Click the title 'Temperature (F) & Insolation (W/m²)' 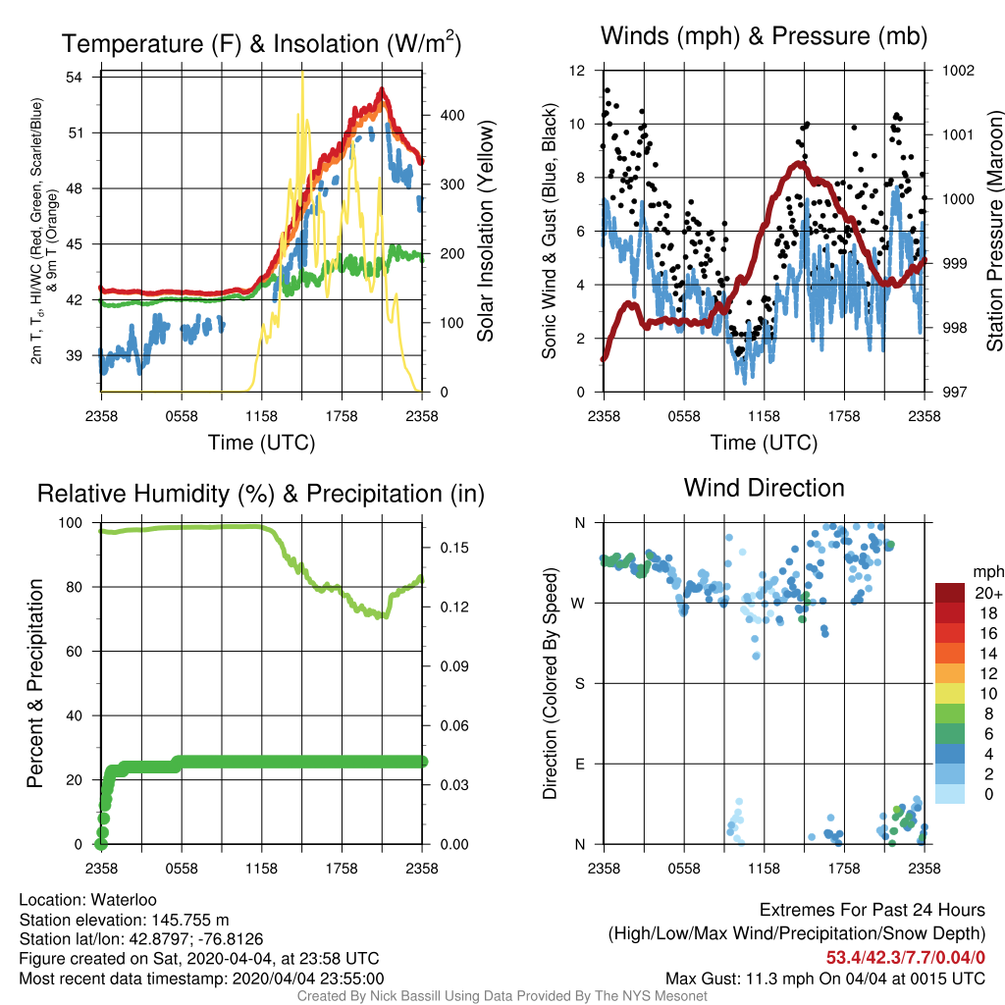pyautogui.click(x=261, y=43)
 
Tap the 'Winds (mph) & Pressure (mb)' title pyautogui.click(x=764, y=36)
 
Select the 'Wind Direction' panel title pyautogui.click(x=764, y=488)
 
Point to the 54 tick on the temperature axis pyautogui.click(x=75, y=78)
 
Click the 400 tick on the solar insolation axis pyautogui.click(x=452, y=116)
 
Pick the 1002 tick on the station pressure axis pyautogui.click(x=958, y=71)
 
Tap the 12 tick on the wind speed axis pyautogui.click(x=577, y=71)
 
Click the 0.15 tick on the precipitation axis pyautogui.click(x=454, y=548)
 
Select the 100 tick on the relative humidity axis pyautogui.click(x=71, y=523)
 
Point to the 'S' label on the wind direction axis pyautogui.click(x=579, y=684)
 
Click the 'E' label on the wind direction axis pyautogui.click(x=579, y=764)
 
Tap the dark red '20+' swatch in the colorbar pyautogui.click(x=950, y=593)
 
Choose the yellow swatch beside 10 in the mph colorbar pyautogui.click(x=950, y=694)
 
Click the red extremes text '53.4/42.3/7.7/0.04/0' pyautogui.click(x=906, y=958)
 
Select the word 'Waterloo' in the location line pyautogui.click(x=124, y=900)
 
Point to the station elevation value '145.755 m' pyautogui.click(x=190, y=920)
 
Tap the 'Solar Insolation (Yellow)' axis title pyautogui.click(x=485, y=231)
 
